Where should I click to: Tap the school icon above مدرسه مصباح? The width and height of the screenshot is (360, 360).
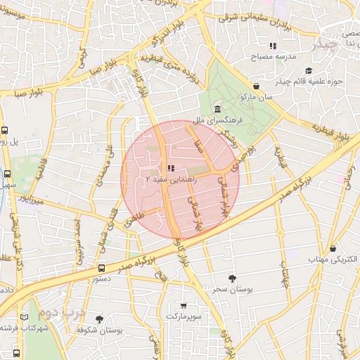point(273,46)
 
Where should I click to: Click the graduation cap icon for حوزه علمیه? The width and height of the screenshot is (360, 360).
point(309,71)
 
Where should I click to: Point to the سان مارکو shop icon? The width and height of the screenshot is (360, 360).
point(256,86)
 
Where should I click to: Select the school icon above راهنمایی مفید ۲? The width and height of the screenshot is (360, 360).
point(169,169)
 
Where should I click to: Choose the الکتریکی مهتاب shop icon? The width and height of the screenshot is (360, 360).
point(333,248)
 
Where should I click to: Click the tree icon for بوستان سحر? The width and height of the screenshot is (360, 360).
point(233,278)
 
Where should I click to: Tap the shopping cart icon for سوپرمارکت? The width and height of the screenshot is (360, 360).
point(184,306)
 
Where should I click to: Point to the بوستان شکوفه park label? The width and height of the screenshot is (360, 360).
point(118,329)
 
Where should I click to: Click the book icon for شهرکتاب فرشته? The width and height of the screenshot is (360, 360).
point(27,317)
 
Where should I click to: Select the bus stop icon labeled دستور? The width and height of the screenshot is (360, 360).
point(101,268)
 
